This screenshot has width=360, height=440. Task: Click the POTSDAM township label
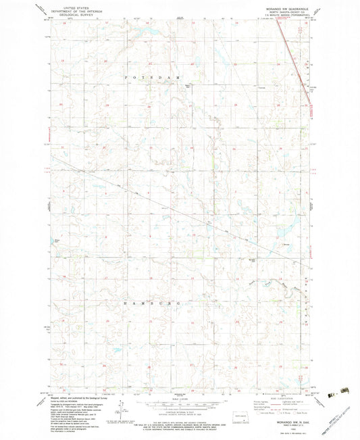[x=152, y=79]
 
